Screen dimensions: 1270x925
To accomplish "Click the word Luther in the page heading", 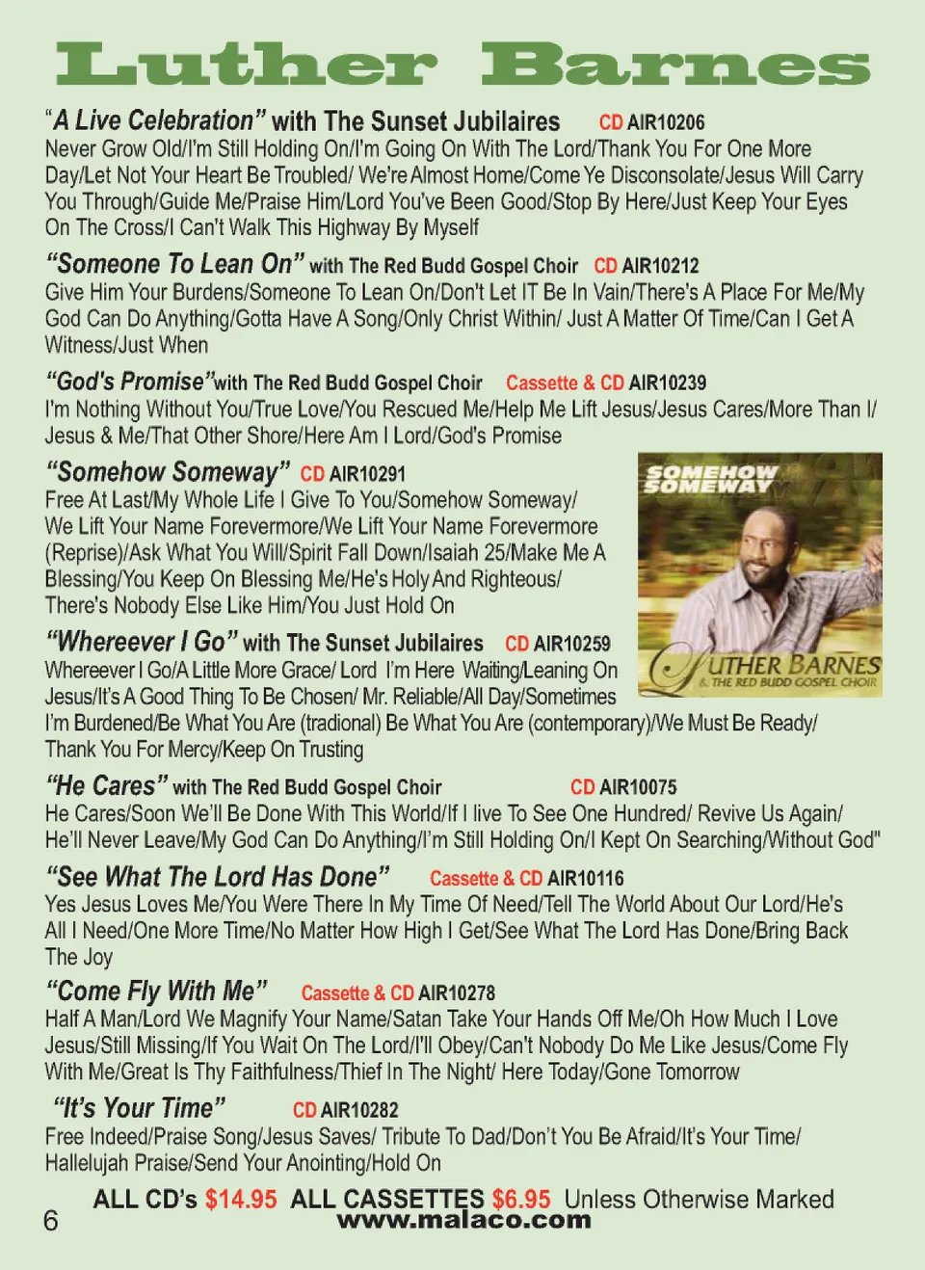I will [x=247, y=66].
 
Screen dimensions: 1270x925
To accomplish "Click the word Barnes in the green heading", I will [x=675, y=66].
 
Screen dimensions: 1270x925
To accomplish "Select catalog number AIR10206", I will [x=666, y=122].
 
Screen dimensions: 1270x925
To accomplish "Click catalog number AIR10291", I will [x=367, y=474].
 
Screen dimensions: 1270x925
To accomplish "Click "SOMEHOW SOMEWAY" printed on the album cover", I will [x=710, y=479].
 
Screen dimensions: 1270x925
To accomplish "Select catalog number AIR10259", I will [x=571, y=644].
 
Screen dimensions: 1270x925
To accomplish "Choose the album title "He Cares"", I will [x=107, y=786].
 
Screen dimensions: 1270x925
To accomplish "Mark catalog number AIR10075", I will [x=638, y=787].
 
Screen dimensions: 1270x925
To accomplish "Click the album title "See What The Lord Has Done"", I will [x=218, y=877].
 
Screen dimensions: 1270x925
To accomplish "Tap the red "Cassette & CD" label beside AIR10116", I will [x=486, y=879].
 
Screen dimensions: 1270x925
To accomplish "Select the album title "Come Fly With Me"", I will [x=156, y=992].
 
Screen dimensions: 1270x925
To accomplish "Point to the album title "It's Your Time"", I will [x=140, y=1108].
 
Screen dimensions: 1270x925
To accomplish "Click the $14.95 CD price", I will [x=241, y=1200].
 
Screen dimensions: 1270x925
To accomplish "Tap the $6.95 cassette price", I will [x=521, y=1200].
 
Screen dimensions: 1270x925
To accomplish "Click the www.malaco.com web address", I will [x=463, y=1221].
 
